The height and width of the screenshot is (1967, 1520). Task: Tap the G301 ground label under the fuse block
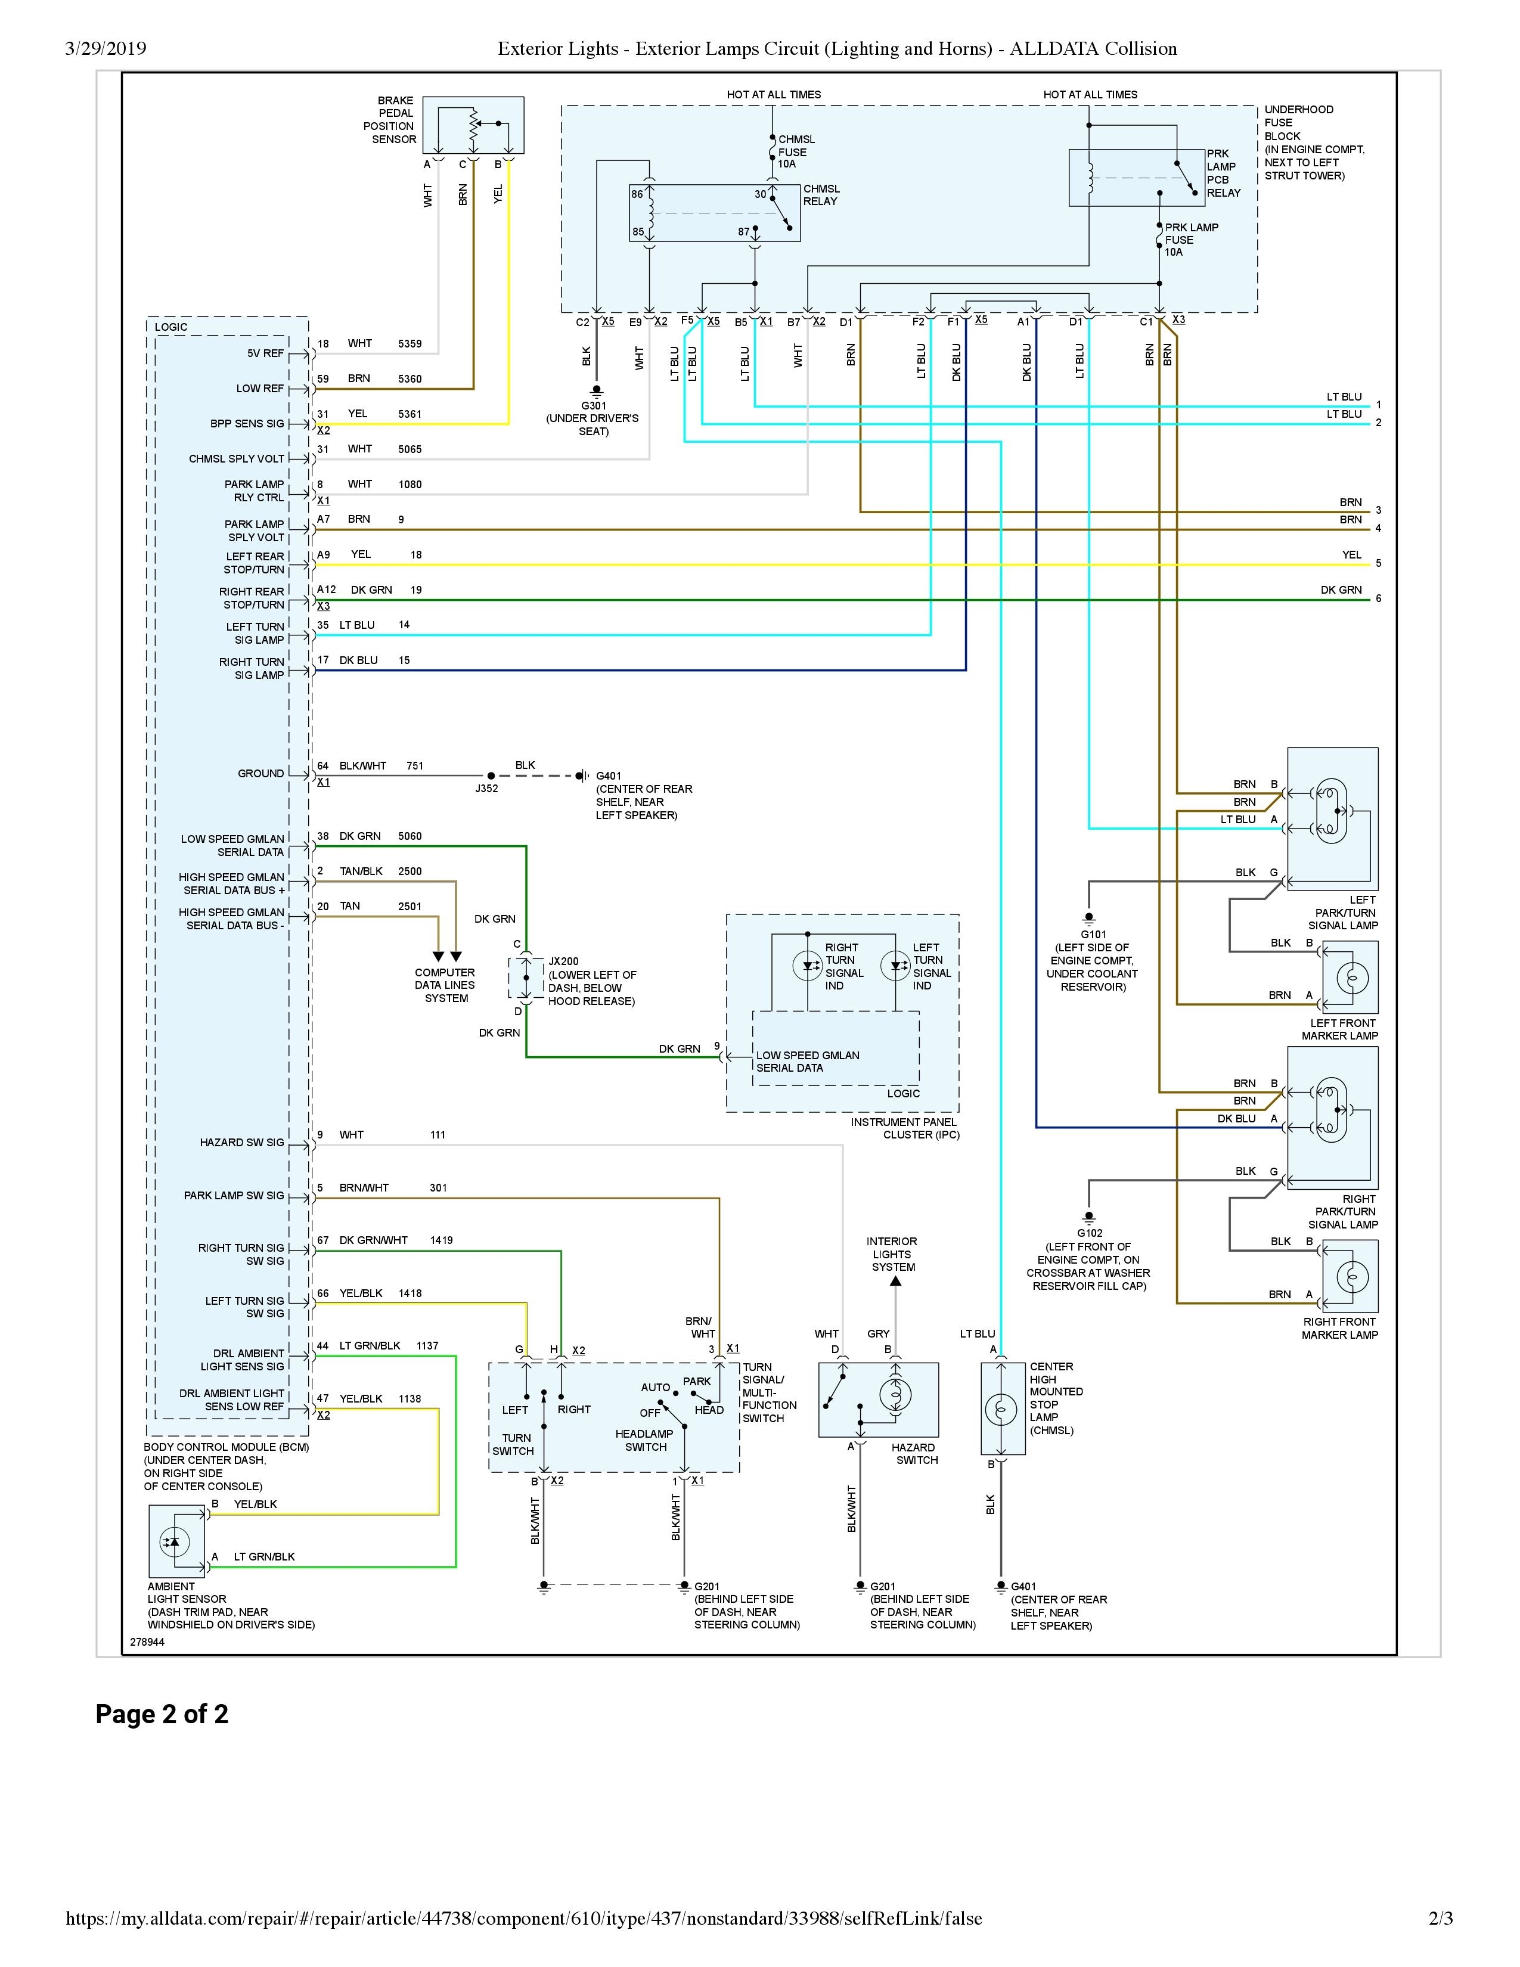point(594,406)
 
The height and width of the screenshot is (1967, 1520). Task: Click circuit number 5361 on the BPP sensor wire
point(410,414)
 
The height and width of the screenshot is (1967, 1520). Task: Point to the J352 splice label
point(486,789)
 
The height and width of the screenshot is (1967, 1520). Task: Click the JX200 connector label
point(564,962)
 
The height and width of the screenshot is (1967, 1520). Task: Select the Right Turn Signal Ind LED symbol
point(807,966)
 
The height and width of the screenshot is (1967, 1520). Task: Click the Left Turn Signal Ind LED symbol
point(895,966)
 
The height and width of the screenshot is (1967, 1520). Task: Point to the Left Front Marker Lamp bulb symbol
point(1353,978)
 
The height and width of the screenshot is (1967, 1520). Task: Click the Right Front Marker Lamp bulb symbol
point(1353,1277)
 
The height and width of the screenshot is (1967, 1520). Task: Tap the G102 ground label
point(1088,1233)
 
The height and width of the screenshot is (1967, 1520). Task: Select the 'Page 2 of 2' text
point(162,1714)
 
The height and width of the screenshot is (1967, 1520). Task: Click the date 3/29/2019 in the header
point(106,49)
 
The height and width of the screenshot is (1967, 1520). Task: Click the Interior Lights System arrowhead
point(895,1282)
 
